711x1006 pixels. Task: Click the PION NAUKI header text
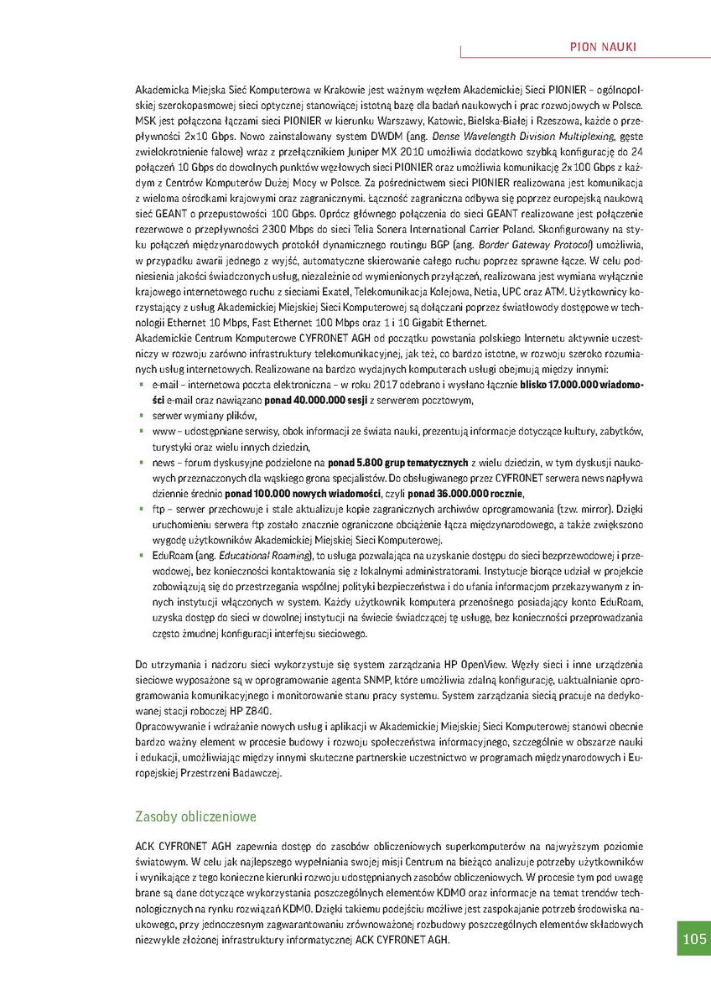tap(602, 47)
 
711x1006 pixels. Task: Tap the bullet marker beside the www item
tap(140, 431)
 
